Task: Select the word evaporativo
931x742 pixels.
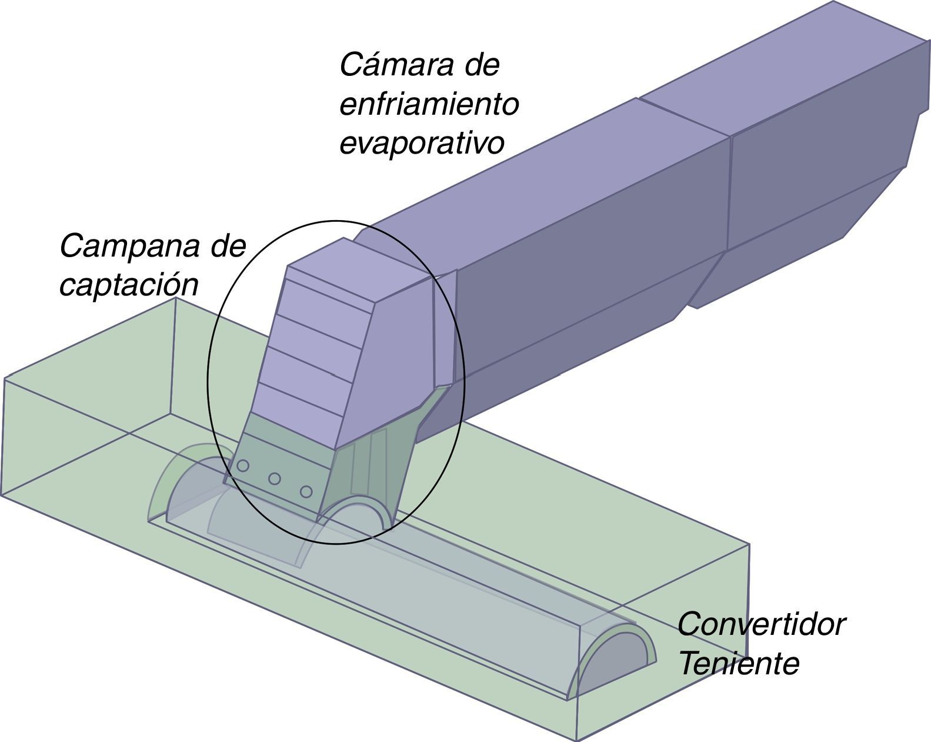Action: [x=422, y=144]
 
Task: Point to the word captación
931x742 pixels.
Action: [x=128, y=285]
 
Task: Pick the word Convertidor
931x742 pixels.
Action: [x=761, y=624]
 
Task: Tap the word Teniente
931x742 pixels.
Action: [x=739, y=664]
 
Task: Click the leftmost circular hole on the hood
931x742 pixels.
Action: [x=243, y=466]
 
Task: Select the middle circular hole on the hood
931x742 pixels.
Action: [x=274, y=478]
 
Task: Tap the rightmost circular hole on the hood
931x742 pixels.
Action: [x=305, y=491]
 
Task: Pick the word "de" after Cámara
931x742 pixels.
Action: [x=482, y=65]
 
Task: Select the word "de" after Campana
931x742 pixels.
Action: [x=228, y=246]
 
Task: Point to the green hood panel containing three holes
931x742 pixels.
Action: [x=282, y=459]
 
